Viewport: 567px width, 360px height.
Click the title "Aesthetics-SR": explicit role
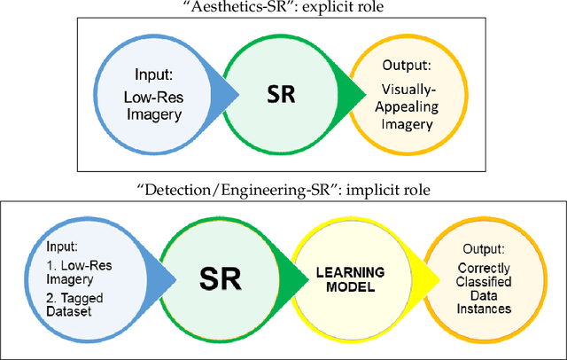tap(283, 7)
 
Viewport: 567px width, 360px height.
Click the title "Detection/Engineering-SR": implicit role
tap(283, 188)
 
